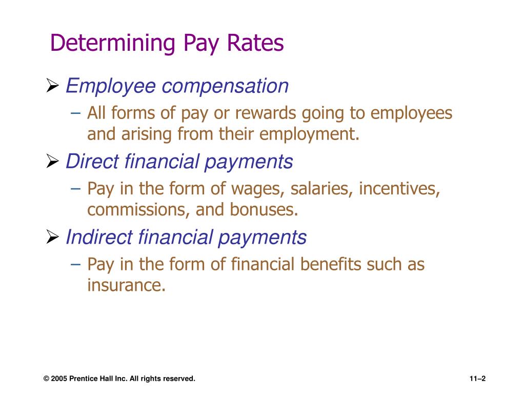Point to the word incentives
(399, 189)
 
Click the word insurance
(126, 285)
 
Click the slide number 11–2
(477, 379)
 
